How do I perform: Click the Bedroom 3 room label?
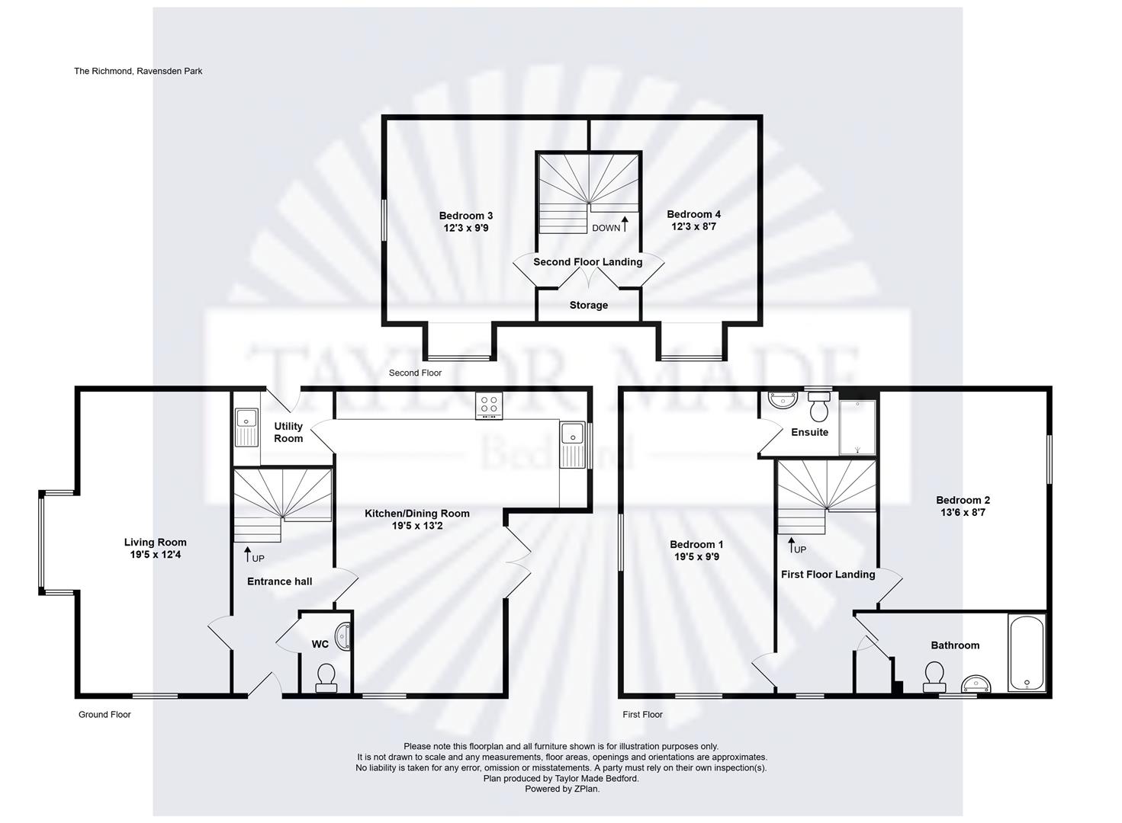point(466,216)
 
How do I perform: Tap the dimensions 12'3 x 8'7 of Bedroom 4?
point(694,226)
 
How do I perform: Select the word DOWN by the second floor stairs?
point(606,228)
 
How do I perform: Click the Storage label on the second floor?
point(589,305)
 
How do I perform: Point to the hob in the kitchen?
point(489,405)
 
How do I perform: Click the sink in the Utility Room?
point(246,427)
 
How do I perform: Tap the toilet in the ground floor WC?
point(326,677)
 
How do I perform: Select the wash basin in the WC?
point(343,636)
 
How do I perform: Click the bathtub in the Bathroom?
point(1027,654)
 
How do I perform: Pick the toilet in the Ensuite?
point(819,407)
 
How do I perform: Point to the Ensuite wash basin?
point(783,400)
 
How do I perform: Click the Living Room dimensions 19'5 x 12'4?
point(156,554)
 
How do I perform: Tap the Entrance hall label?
point(279,581)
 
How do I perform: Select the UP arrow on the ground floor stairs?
point(247,554)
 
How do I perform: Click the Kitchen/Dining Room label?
point(417,514)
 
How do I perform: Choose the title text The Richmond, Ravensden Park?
point(138,71)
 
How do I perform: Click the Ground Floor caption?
point(104,715)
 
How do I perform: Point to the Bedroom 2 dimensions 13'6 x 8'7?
point(963,512)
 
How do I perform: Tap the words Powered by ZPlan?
point(562,789)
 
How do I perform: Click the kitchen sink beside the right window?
point(573,445)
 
